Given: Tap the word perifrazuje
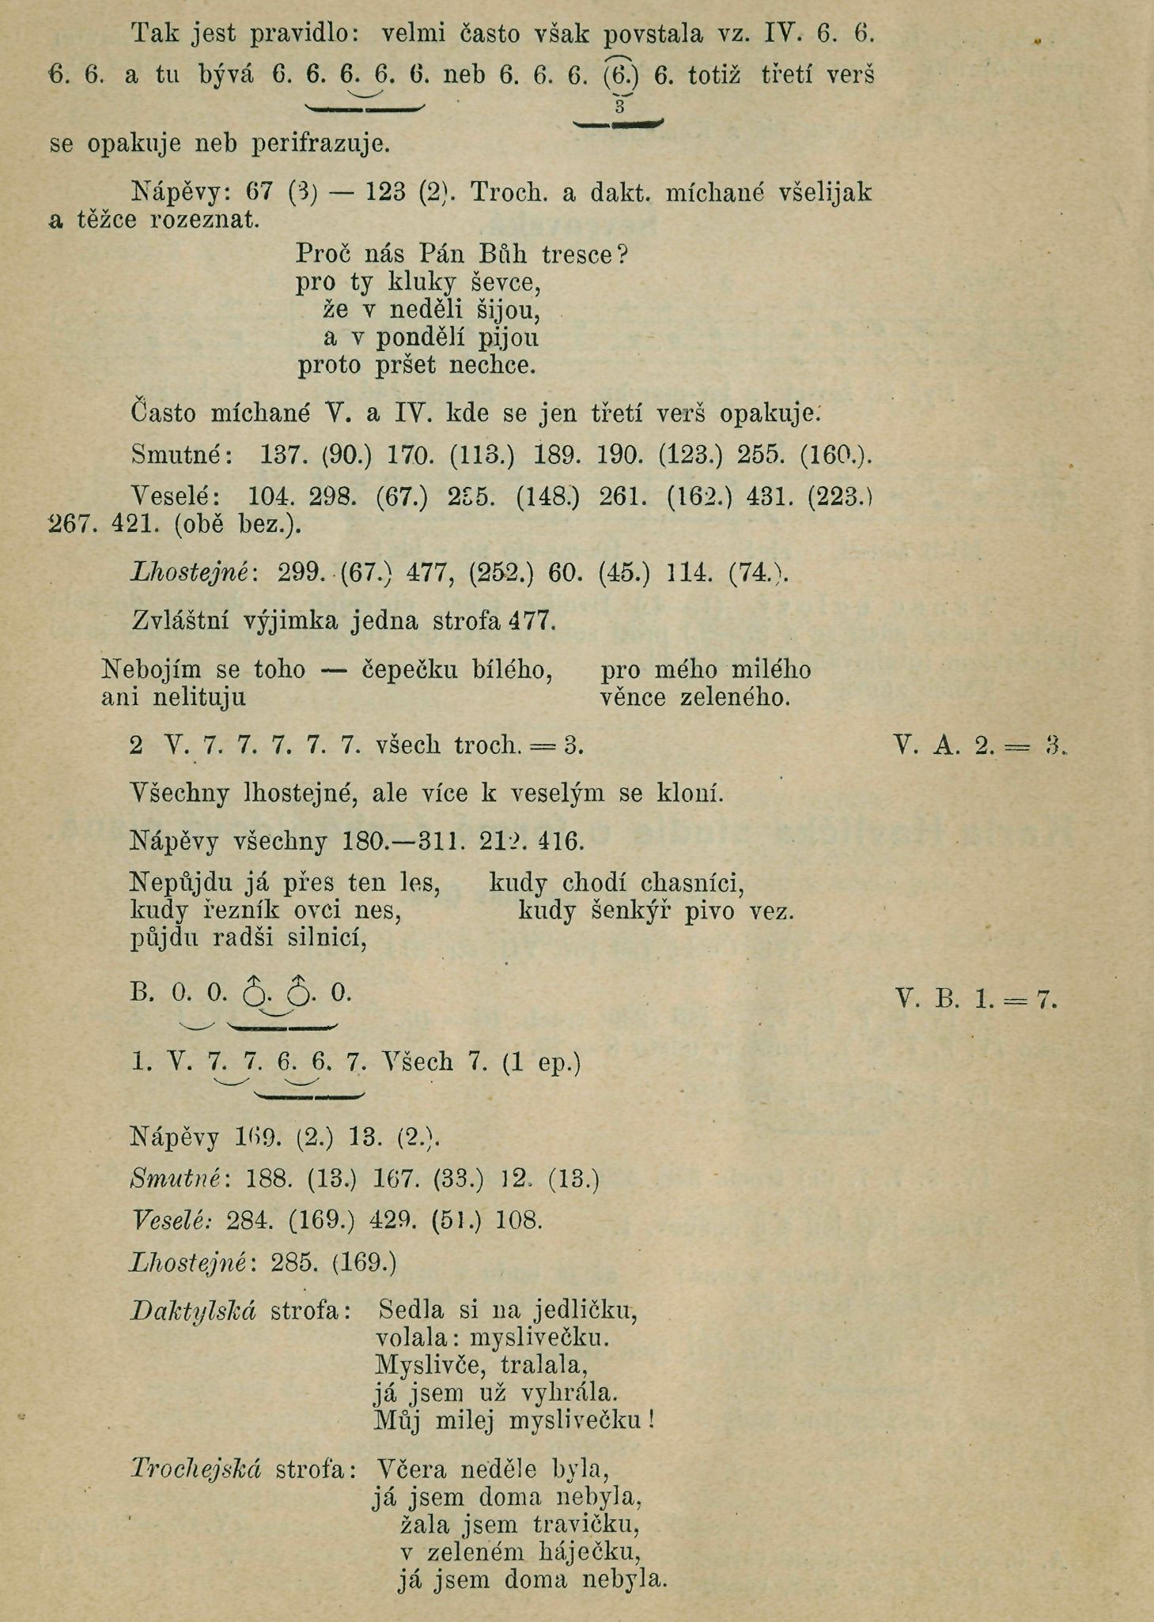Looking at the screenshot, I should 320,145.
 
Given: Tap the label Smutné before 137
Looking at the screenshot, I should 180,455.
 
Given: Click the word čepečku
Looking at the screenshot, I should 410,670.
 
